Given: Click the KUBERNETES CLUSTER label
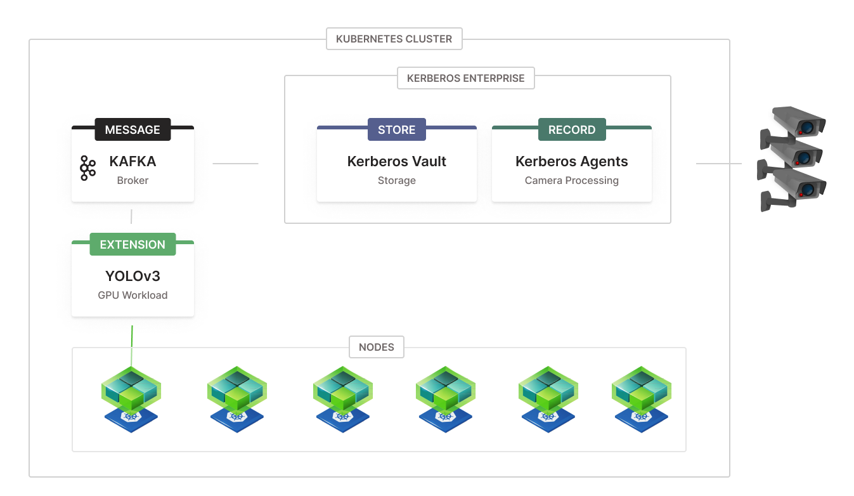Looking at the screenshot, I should pyautogui.click(x=394, y=39).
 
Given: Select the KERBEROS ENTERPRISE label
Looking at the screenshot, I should pyautogui.click(x=465, y=78).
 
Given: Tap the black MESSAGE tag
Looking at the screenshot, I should pyautogui.click(x=133, y=129).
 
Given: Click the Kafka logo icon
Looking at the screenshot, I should pyautogui.click(x=88, y=168).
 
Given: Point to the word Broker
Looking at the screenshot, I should pyautogui.click(x=133, y=180).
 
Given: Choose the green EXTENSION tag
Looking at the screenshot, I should pyautogui.click(x=133, y=244).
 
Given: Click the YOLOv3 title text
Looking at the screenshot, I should pyautogui.click(x=133, y=276).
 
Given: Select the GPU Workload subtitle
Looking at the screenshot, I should pyautogui.click(x=133, y=295).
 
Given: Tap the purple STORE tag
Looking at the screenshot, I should pyautogui.click(x=396, y=129).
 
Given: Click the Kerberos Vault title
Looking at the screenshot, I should pyautogui.click(x=396, y=162).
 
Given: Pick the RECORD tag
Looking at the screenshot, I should pyautogui.click(x=571, y=129).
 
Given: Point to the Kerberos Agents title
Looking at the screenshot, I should pyautogui.click(x=571, y=162).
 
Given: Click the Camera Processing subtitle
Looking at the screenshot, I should pyautogui.click(x=571, y=180).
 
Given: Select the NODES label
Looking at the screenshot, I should pyautogui.click(x=377, y=347).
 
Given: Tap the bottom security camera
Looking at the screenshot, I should pyautogui.click(x=796, y=189).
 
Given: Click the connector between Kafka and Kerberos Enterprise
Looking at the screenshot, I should pyautogui.click(x=235, y=164).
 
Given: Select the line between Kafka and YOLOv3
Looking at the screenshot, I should pyautogui.click(x=131, y=216).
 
